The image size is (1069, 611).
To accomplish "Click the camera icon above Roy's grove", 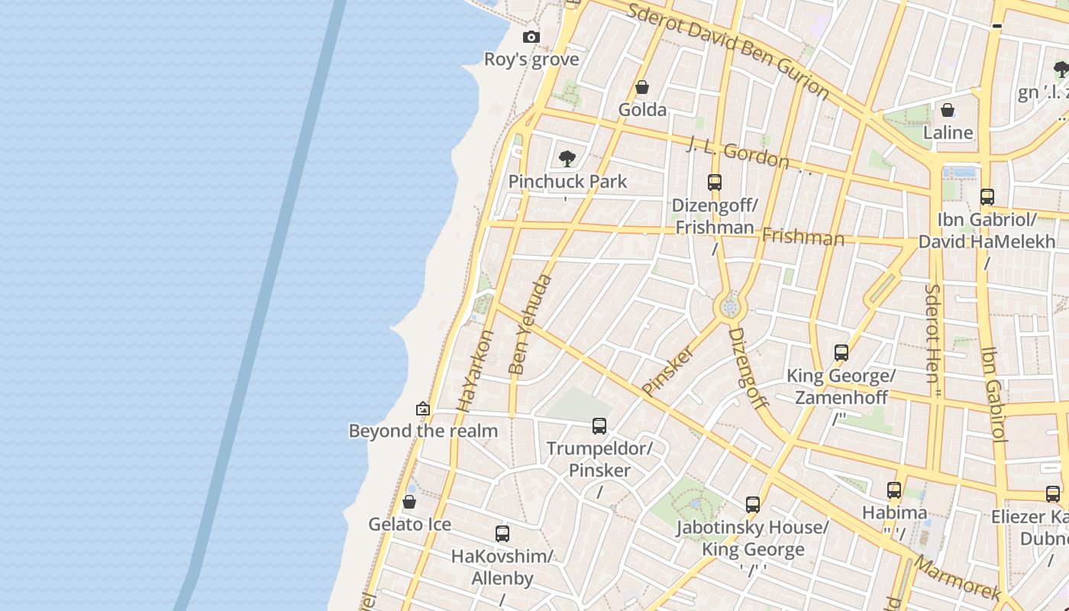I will [x=531, y=37].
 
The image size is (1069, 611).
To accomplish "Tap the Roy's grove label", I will [x=531, y=60].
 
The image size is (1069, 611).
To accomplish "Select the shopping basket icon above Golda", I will [x=642, y=87].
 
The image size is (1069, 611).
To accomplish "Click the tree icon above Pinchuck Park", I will [x=567, y=159].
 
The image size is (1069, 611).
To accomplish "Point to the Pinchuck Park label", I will [x=567, y=182].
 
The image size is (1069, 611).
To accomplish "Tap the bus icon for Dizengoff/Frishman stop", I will [x=715, y=183].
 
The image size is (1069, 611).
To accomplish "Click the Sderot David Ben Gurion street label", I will [x=728, y=50].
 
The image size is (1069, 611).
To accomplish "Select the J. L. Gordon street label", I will [x=738, y=153].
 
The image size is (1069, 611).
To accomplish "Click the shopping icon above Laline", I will [x=948, y=110].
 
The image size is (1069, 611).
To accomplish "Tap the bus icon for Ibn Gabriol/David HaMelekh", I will [x=987, y=197].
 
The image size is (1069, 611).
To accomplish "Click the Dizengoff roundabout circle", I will [x=730, y=307].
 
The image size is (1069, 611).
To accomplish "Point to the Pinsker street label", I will [x=668, y=370].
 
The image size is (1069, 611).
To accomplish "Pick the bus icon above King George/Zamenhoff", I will [x=841, y=353].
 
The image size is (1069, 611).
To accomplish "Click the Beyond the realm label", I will [x=423, y=431].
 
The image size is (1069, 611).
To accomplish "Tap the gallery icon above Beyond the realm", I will [x=423, y=409].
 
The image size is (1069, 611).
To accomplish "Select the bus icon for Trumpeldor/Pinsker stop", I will [x=599, y=425].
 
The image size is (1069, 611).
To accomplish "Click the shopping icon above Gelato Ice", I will [x=409, y=502].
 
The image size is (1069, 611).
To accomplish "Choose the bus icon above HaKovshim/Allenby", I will [x=502, y=534].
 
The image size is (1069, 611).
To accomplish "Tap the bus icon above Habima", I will [x=894, y=490].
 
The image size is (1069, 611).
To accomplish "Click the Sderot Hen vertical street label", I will [x=933, y=340].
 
